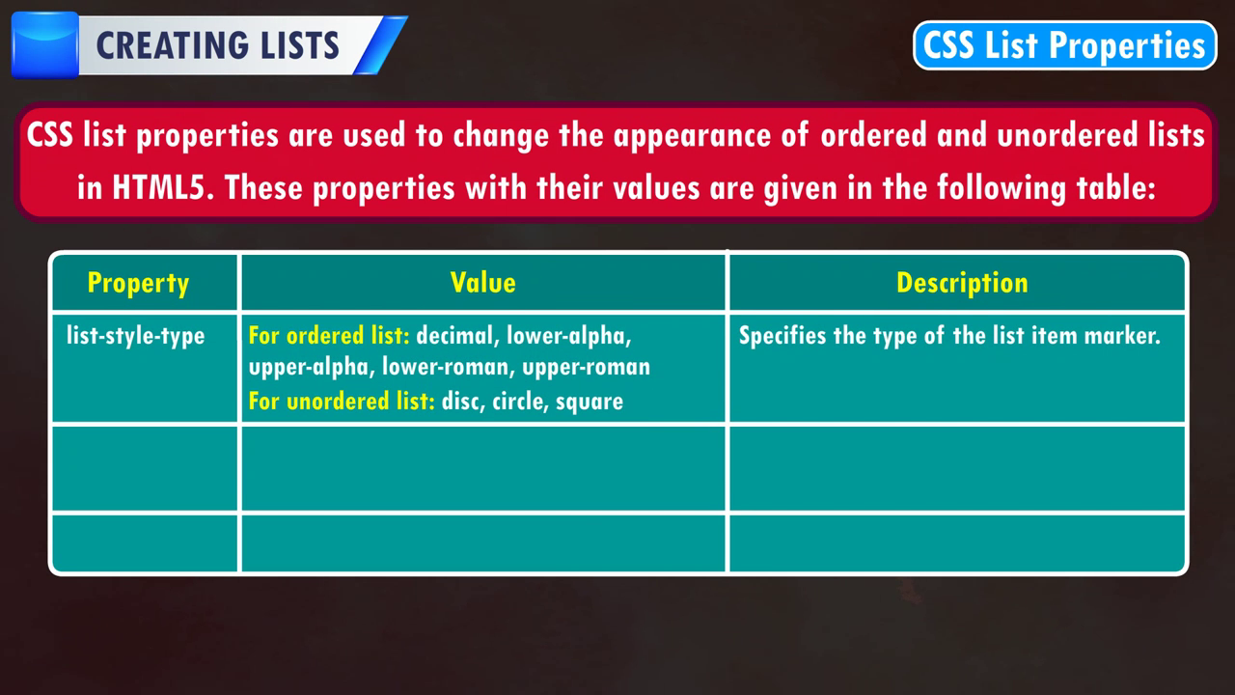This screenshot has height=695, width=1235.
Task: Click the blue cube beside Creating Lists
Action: point(45,45)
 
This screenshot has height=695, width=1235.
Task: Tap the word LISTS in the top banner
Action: point(300,45)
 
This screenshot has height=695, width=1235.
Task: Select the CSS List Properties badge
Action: point(1064,45)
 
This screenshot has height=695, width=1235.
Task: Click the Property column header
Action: point(138,284)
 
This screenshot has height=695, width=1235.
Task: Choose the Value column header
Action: point(483,283)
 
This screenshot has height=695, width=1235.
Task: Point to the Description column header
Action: point(962,284)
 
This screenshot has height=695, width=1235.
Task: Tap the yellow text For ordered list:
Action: point(329,336)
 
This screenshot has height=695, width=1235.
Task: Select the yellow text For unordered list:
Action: point(342,401)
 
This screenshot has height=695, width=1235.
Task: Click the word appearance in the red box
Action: point(692,136)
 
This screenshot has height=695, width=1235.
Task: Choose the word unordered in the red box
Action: point(1067,135)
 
